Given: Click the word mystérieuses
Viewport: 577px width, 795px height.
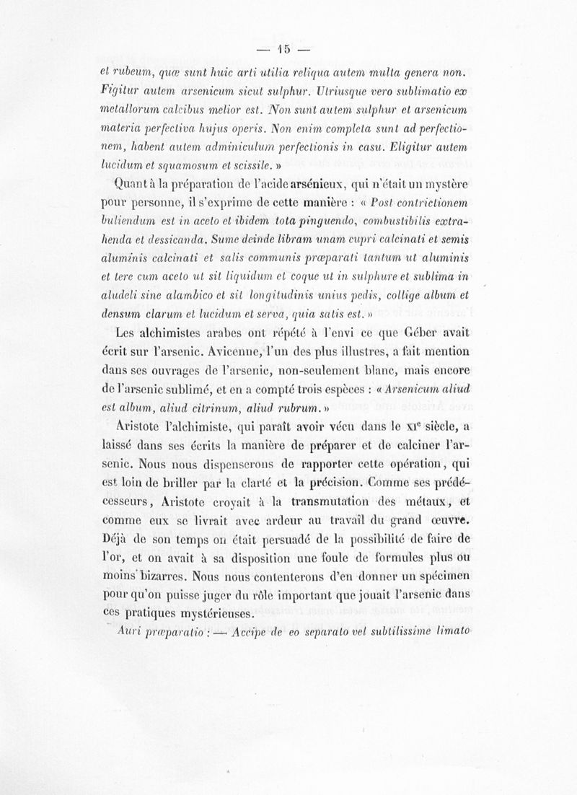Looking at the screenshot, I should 211,615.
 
